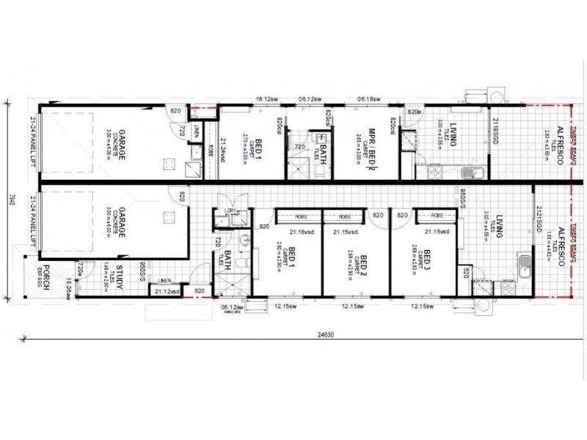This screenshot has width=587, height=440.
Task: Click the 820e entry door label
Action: point(415,111)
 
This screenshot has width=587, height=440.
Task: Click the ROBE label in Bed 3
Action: point(437,216)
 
